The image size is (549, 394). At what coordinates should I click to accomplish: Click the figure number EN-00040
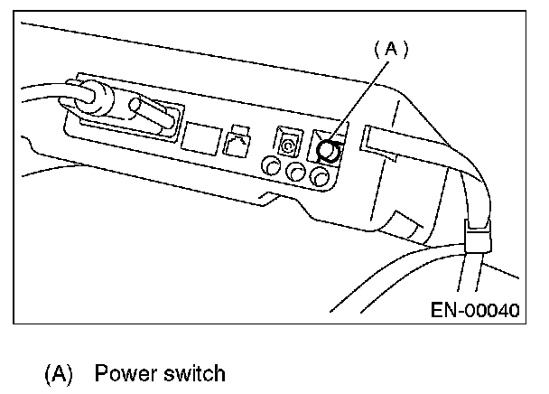point(476,311)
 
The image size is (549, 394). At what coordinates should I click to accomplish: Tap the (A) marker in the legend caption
point(59,373)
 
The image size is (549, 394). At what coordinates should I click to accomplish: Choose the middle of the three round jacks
point(294,172)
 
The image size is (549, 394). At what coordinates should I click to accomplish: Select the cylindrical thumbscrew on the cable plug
point(150,117)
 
